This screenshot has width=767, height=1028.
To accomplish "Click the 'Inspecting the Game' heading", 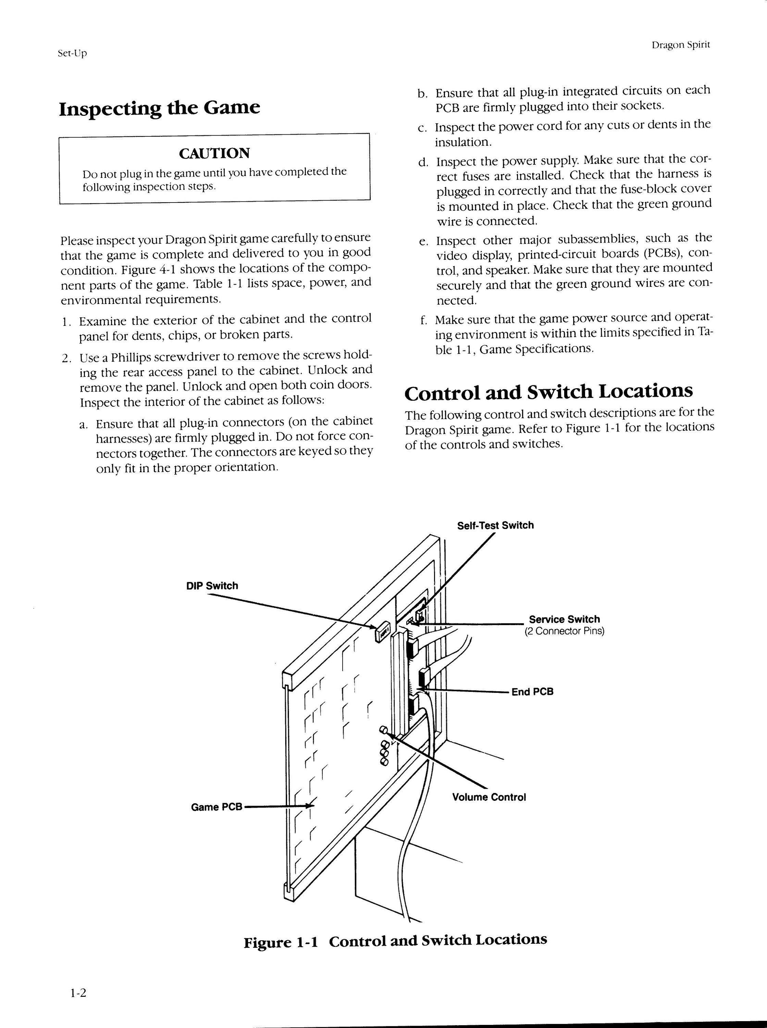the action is (x=159, y=108).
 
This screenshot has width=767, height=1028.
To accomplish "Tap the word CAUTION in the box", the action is (x=214, y=153).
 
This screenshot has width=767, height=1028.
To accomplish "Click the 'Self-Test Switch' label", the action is (x=495, y=525).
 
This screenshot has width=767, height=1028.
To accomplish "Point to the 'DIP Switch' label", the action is (x=212, y=586).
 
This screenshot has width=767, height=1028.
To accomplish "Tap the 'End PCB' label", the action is (x=533, y=692).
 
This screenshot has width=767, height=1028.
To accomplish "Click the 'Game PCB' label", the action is (x=217, y=807).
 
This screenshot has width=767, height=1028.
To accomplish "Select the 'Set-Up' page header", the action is (x=72, y=53).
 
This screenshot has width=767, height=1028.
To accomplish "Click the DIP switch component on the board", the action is (x=382, y=632).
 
